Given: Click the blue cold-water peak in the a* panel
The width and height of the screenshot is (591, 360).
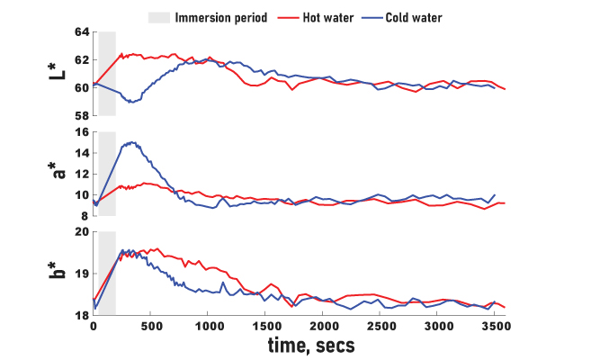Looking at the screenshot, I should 133,142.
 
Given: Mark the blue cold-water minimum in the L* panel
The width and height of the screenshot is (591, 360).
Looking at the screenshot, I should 131,102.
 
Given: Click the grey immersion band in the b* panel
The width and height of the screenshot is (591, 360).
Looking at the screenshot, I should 106,274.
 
